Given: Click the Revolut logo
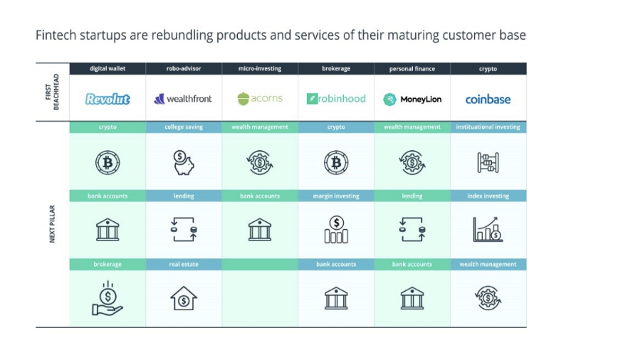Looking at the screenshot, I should (108, 99).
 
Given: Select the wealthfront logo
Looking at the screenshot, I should (184, 99).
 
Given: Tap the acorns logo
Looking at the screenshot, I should (260, 98).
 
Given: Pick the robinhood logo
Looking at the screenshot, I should (336, 99).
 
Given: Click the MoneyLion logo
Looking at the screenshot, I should (412, 100).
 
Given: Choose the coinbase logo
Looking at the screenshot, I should (488, 99).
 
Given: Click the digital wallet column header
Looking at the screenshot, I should (108, 69).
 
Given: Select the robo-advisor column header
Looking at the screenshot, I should (184, 69).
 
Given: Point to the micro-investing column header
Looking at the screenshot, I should (260, 69).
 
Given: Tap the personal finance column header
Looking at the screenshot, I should (412, 69).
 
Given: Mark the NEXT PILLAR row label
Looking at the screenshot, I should (52, 226).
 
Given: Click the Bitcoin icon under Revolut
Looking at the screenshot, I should (108, 162).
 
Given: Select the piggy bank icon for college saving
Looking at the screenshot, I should (184, 162).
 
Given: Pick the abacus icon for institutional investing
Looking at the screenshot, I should (488, 162).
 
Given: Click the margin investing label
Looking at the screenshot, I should (336, 196).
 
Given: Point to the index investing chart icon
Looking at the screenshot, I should (488, 229).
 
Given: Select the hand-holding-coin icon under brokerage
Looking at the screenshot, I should (108, 298).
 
